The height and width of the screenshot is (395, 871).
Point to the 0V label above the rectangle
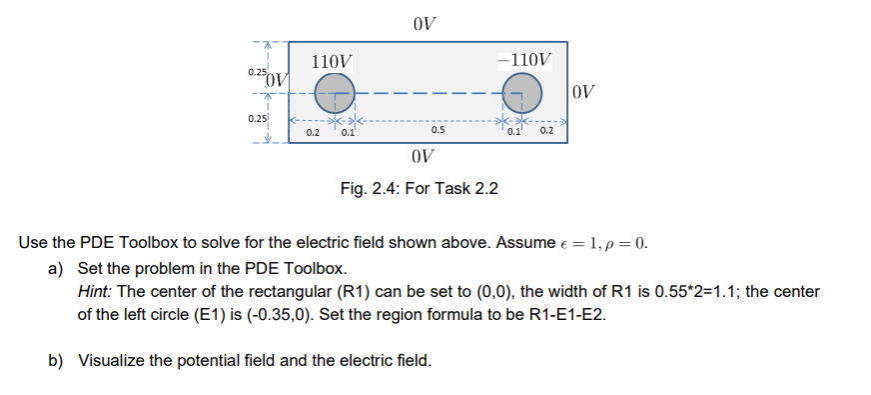coord(424,22)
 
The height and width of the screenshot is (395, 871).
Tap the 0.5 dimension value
coord(437,130)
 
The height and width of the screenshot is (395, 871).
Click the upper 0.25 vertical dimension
coord(258,74)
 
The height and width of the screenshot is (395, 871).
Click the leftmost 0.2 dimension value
coord(312,132)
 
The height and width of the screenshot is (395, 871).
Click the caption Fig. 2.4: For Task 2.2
coord(420,187)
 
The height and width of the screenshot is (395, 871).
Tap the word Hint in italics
coord(96,291)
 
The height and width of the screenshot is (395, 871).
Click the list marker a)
coord(56,269)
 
